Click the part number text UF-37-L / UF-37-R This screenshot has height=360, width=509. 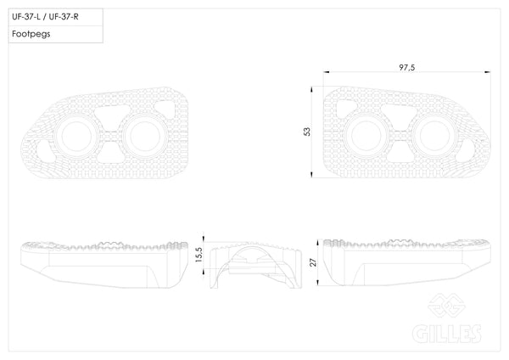pos(45,17)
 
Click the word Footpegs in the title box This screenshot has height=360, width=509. pos(31,34)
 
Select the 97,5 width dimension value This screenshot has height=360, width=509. pos(407,67)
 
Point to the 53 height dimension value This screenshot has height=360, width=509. pos(307,132)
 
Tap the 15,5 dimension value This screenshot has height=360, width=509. pos(199,255)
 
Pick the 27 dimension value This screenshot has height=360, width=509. pos(313,262)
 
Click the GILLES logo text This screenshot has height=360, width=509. pos(447,334)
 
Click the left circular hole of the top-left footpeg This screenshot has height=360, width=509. pos(76,137)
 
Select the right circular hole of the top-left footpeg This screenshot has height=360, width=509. pos(145,137)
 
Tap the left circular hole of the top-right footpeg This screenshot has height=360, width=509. pos(366,136)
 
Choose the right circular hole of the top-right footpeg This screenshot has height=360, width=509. pos(434,136)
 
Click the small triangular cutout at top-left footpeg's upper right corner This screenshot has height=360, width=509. pos(165,109)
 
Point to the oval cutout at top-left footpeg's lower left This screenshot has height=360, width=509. pos(45,151)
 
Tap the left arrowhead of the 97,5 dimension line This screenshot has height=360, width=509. pos(327,72)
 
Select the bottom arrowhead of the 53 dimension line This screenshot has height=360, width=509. pos(311,174)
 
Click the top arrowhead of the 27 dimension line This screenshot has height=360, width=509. pos(318,243)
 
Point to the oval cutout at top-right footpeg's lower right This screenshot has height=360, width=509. pos(466,151)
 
